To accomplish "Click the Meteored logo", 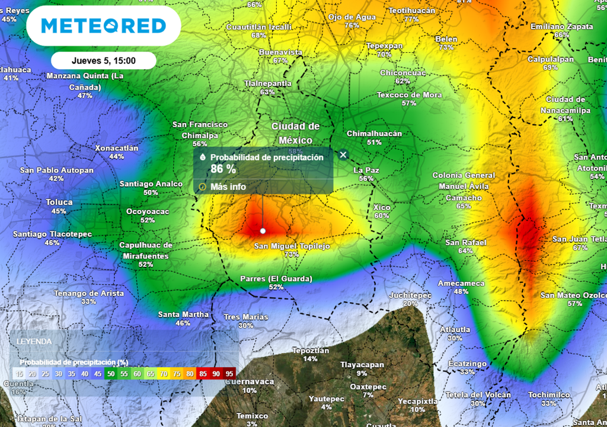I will pos(104,26).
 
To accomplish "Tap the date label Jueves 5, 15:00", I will pos(104,60).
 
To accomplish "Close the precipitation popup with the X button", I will pos(343,155).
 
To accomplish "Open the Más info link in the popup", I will pos(228,187).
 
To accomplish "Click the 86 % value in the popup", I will pos(223,169).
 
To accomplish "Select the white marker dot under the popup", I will pos(263,231).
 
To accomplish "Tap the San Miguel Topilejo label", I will pos(292,246).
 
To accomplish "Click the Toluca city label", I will pos(59,202).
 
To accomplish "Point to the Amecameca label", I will pos(461,283).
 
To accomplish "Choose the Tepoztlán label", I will pos(311,350).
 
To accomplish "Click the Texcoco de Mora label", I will pos(409,95).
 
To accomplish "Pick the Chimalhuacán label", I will pos(374,134).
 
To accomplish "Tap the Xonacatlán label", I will pos(117,148).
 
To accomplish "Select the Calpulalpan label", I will pos(551,59).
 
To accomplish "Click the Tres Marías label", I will pos(246,317).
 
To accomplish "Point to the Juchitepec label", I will pos(410,295).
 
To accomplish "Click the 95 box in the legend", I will pos(229,374).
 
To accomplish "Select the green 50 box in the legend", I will pos(110,374).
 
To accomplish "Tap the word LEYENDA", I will pos(34,342).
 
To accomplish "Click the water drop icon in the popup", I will pos(203,158).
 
